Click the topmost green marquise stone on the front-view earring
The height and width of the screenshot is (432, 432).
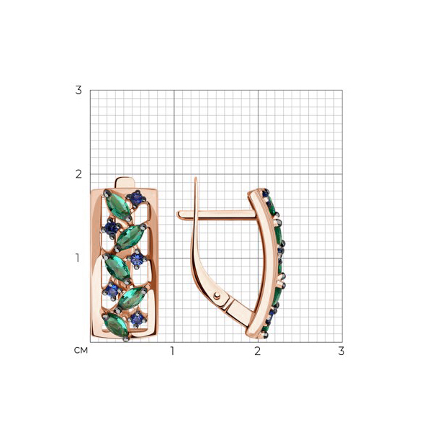coord(118,206)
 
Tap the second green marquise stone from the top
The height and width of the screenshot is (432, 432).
coord(130,237)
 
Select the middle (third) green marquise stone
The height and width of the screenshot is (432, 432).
coord(117,268)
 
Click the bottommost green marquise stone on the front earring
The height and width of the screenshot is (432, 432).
coord(117,325)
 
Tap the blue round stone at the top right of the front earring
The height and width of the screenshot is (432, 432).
coord(136,199)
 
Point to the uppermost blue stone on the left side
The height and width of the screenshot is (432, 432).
coord(111,228)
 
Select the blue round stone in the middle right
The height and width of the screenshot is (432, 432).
coord(137,259)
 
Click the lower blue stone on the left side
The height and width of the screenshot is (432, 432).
coord(111,291)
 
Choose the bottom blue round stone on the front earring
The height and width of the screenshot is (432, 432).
coord(137,319)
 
